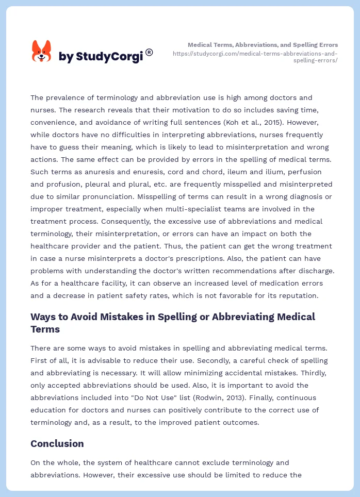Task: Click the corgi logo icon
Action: click(x=42, y=52)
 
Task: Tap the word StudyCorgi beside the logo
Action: click(x=109, y=57)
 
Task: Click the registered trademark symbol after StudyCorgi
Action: click(x=149, y=52)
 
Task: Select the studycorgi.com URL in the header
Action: click(x=255, y=57)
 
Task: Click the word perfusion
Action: click(x=315, y=172)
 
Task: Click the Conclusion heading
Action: click(x=57, y=443)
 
